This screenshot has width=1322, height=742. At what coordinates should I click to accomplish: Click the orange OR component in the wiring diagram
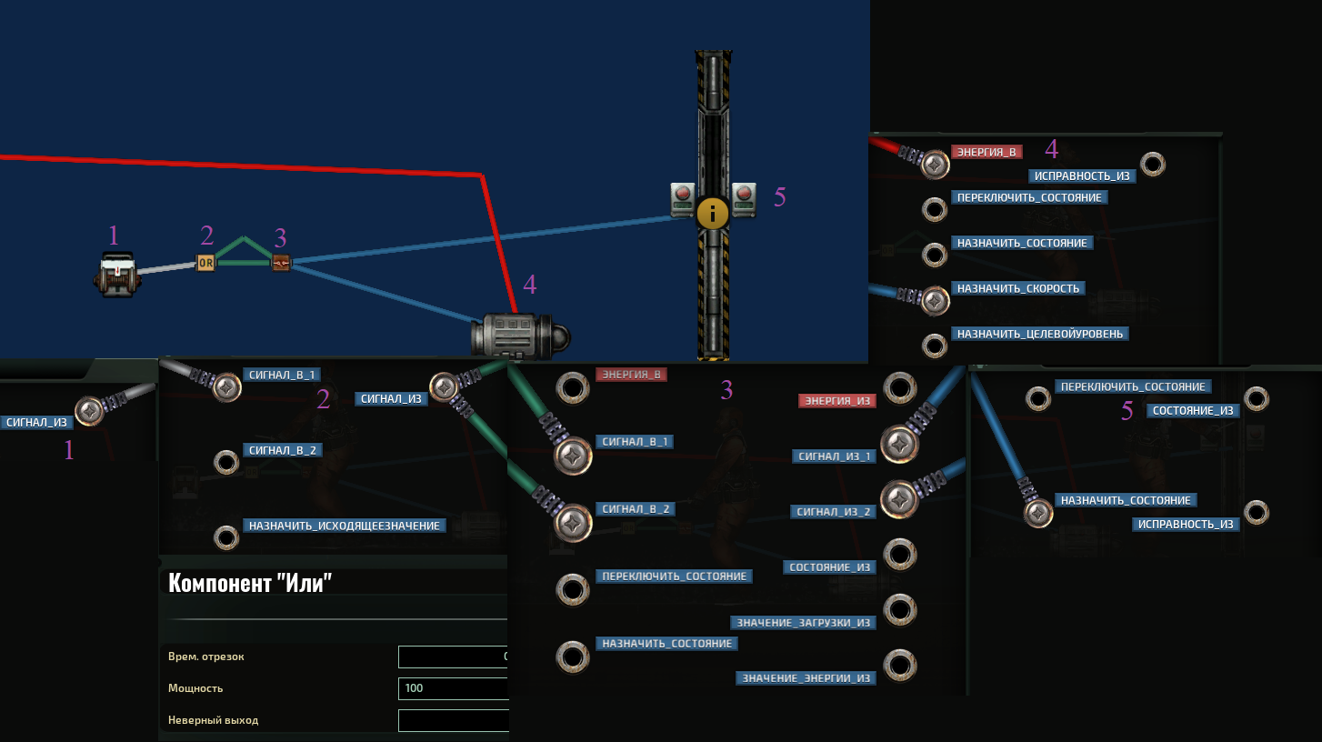click(x=205, y=263)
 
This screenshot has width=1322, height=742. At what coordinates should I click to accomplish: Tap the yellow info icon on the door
click(x=712, y=213)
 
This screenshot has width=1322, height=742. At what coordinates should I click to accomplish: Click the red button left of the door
click(x=683, y=194)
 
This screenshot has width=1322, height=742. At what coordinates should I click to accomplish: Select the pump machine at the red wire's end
click(x=520, y=336)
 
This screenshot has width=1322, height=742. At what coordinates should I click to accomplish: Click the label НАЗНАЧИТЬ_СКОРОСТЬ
click(x=1018, y=288)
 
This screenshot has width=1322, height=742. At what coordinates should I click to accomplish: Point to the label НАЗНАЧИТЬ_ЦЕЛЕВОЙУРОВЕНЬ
click(x=1040, y=334)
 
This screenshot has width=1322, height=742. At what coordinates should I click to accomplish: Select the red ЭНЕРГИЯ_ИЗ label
click(x=836, y=401)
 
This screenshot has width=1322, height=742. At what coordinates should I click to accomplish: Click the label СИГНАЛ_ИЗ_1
click(x=834, y=456)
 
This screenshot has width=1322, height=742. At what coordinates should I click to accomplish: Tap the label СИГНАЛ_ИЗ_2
click(x=834, y=512)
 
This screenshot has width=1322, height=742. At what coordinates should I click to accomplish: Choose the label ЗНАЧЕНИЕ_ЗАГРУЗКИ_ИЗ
click(x=803, y=623)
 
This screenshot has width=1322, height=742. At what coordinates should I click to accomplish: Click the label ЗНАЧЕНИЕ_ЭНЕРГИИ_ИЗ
click(x=806, y=678)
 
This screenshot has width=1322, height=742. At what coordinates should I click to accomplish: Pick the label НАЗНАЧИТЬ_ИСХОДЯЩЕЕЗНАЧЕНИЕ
click(x=344, y=526)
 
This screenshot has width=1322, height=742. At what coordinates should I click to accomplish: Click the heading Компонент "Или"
click(x=250, y=583)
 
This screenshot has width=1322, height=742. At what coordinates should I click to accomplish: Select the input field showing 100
click(x=454, y=688)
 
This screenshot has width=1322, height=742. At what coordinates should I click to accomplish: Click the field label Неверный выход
click(x=213, y=720)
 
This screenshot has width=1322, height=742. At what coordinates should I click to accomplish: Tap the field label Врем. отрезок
click(x=206, y=657)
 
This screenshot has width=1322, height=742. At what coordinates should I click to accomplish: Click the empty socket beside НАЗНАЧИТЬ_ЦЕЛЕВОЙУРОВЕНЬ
click(x=935, y=346)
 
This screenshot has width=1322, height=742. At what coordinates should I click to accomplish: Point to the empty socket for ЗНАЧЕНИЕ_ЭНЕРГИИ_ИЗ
click(x=899, y=666)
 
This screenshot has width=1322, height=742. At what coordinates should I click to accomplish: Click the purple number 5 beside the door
click(x=779, y=197)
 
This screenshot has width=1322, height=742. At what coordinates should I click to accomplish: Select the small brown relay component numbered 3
click(x=281, y=263)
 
